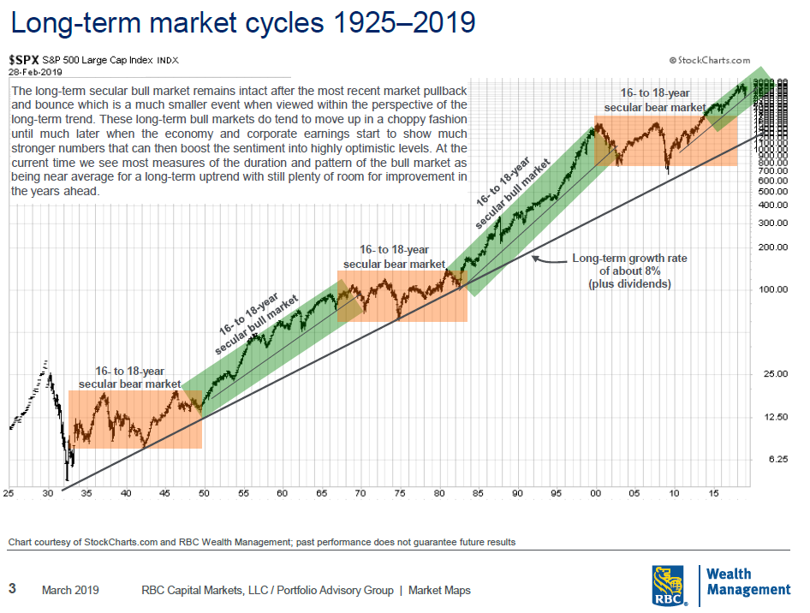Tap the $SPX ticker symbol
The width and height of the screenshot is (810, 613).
[24, 60]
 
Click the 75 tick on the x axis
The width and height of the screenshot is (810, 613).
[399, 493]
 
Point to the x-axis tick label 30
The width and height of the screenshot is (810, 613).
[47, 493]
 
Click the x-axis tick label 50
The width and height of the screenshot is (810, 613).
[204, 493]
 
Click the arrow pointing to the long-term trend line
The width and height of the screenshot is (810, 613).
[548, 257]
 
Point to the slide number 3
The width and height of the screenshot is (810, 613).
[12, 589]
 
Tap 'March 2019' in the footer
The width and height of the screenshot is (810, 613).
[70, 590]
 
